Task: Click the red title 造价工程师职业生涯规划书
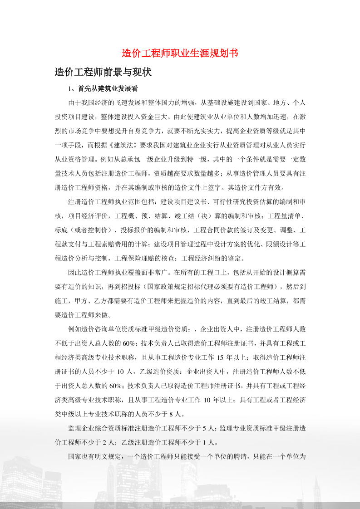180,53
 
